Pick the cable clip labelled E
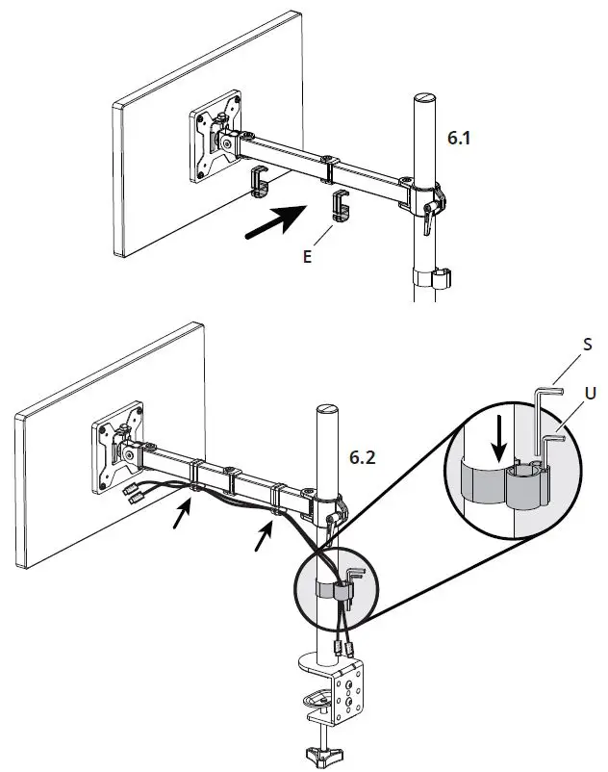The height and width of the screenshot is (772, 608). pyautogui.click(x=341, y=205)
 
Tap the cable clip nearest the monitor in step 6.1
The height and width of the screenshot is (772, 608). pyautogui.click(x=259, y=180)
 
